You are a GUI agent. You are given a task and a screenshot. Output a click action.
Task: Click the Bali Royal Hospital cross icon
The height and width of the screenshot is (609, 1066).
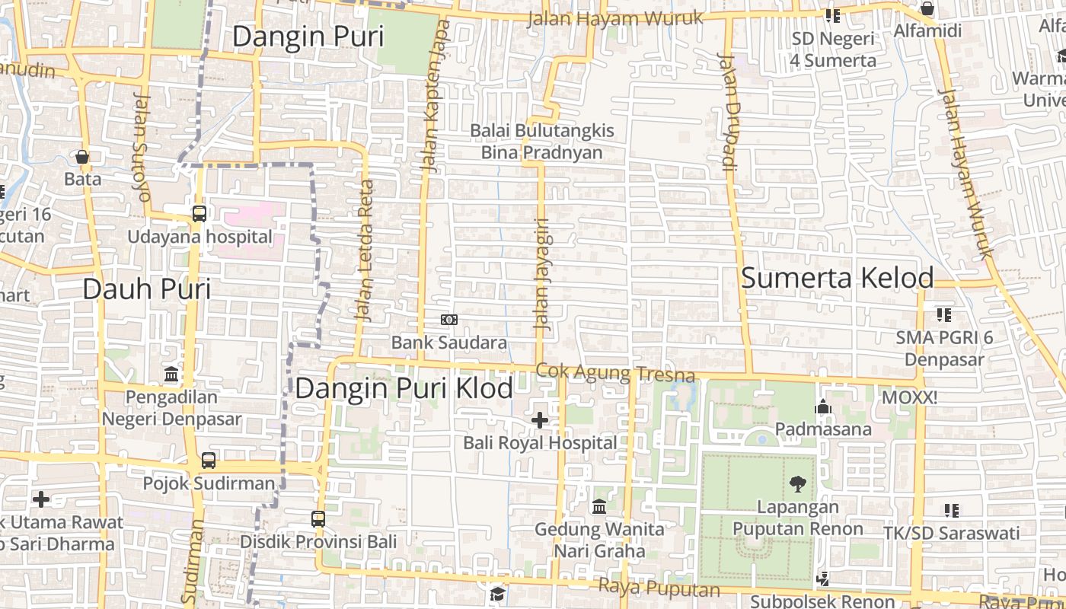540,419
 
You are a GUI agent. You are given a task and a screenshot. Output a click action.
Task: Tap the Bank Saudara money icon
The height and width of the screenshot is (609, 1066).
449,320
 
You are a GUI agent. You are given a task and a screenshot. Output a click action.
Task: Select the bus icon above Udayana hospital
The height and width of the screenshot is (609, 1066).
199,214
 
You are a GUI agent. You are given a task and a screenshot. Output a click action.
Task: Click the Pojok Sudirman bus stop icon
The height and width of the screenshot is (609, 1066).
209,461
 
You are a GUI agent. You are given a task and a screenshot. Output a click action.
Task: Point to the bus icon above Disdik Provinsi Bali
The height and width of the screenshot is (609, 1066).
318,519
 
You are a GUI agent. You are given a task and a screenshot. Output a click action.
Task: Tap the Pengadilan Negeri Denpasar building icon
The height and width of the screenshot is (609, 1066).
171,375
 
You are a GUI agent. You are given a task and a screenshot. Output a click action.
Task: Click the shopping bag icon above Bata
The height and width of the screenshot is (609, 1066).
82,157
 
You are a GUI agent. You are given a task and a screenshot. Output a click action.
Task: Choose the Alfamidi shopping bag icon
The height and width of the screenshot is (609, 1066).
927,9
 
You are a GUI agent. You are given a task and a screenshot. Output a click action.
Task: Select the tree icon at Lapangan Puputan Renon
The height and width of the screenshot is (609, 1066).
798,483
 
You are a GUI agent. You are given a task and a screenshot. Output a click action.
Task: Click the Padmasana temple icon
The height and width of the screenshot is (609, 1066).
822,407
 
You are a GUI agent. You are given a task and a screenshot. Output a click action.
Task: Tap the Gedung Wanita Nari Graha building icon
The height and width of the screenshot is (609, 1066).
599,506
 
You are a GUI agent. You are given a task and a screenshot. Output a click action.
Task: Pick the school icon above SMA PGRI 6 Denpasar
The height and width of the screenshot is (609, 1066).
944,314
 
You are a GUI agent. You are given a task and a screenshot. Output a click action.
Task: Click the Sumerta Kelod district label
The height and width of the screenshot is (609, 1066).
838,278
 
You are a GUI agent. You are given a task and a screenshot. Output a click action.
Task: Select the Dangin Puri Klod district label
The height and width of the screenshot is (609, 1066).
404,388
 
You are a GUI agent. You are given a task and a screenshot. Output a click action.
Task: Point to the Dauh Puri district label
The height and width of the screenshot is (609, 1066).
146,289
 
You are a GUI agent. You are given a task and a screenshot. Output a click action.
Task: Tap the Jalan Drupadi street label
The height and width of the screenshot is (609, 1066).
727,114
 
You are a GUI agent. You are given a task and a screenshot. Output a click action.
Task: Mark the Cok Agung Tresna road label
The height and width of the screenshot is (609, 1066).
615,372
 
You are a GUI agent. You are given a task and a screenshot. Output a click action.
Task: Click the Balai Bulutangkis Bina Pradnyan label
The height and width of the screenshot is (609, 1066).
541,142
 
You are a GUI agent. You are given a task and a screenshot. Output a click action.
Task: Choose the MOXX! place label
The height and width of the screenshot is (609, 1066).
909,397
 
